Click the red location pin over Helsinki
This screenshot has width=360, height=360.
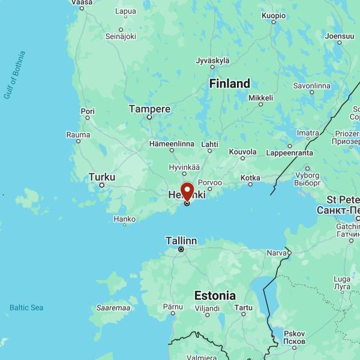pos(187,193)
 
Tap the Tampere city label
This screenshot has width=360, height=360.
pos(149,109)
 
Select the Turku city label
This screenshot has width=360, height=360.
pos(101,177)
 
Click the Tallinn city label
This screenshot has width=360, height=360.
pos(181,241)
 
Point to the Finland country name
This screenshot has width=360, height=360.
pos(230,83)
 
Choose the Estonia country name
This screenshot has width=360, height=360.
pos(215,295)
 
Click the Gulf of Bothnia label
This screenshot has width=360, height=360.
pos(14,75)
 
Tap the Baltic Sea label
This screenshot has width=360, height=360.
pos(26,308)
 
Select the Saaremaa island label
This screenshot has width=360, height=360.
pos(113,308)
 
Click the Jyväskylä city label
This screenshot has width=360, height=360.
pos(213,61)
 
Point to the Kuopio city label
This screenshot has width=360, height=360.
pos(273,15)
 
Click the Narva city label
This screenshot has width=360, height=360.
pos(277,253)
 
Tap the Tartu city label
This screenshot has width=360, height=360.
pos(243,307)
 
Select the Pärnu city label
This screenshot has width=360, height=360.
pos(173,307)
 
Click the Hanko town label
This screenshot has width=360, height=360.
pos(124,219)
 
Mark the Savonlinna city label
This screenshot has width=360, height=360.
pos(311,86)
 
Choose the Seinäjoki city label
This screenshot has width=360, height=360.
pos(121,37)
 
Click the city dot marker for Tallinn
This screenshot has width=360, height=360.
pos(181,249)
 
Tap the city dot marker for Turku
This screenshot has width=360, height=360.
pos(102,185)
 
